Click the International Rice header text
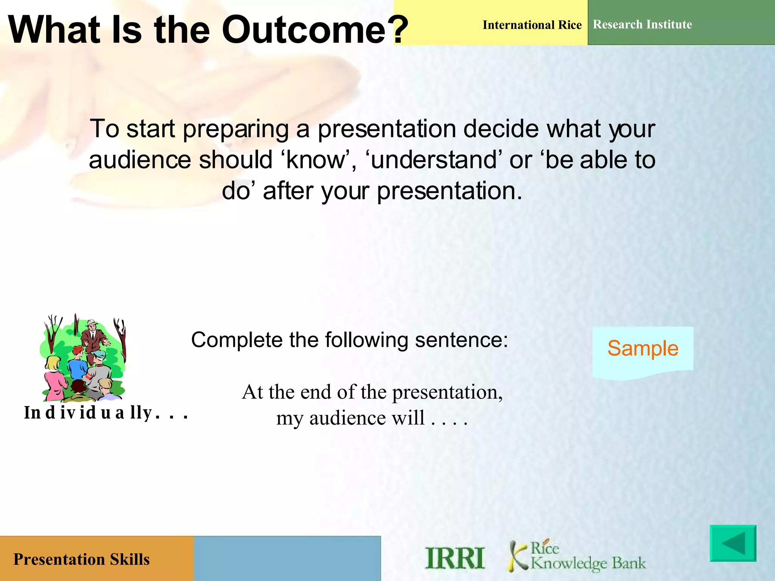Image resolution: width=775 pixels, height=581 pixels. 532,25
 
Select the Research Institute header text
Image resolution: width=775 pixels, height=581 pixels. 642,25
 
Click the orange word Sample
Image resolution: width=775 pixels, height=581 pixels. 643,348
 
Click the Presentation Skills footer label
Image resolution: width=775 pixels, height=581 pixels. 81,559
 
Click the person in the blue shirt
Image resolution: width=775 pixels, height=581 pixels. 78,365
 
